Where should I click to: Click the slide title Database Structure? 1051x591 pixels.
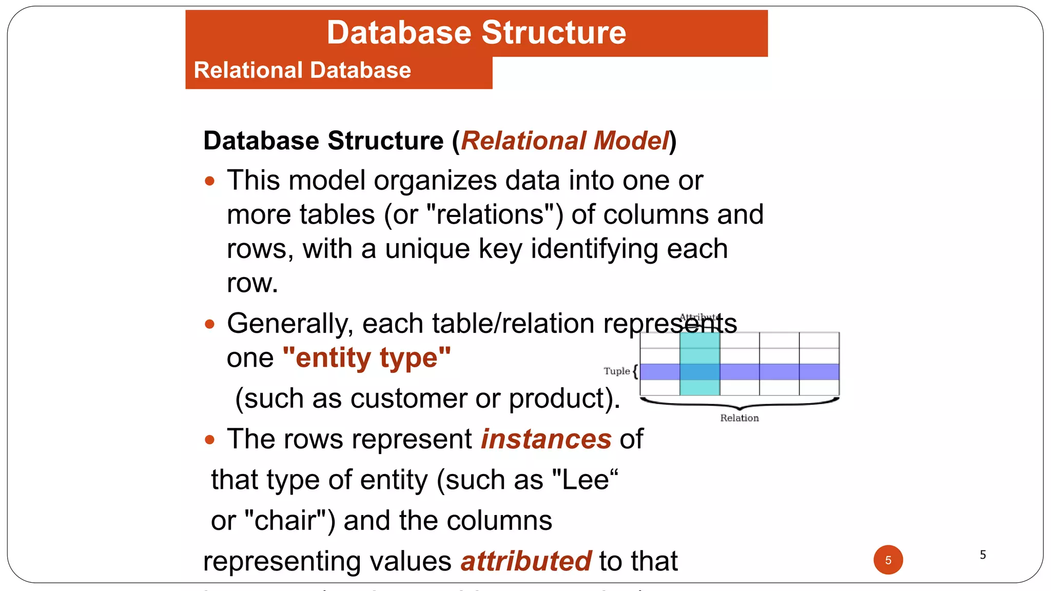(476, 33)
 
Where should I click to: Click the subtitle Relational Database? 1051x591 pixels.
(302, 70)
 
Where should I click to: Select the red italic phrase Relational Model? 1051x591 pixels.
(565, 141)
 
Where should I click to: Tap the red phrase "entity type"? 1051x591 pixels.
(366, 358)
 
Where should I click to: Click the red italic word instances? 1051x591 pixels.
(546, 439)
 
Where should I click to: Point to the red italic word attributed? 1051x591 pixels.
(526, 561)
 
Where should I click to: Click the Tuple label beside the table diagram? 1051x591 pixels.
(616, 371)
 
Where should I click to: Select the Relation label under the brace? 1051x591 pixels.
(739, 418)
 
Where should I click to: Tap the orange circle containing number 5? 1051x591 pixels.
(888, 560)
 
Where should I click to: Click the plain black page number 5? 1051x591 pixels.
(983, 555)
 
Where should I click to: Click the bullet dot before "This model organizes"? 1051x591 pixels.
(209, 181)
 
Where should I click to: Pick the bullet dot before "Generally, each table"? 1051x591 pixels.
(209, 324)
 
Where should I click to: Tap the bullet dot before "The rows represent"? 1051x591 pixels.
(209, 440)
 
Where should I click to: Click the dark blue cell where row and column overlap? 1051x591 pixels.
(699, 372)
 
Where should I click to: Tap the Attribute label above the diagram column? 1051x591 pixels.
(699, 317)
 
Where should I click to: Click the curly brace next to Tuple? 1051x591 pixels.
(635, 371)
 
